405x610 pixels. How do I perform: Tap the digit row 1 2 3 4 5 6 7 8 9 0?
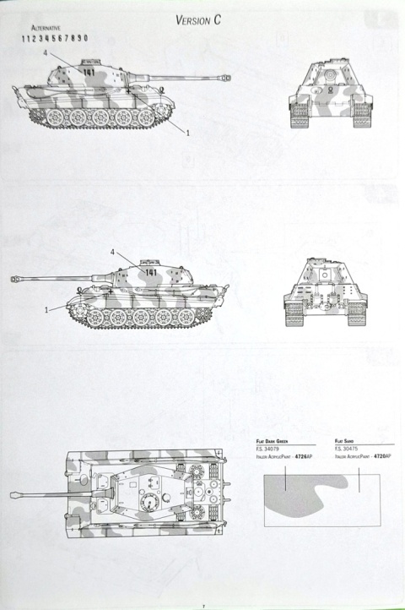54,38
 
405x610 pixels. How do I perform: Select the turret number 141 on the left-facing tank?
151,272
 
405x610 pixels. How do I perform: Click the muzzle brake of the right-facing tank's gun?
224,78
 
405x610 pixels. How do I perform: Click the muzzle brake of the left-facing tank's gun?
17,277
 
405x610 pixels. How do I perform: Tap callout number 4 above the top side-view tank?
44,52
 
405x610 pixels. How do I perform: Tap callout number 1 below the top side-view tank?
187,133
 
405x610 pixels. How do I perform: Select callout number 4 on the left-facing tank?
112,252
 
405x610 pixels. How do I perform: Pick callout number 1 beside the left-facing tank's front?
46,309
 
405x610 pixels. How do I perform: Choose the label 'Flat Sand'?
343,441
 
